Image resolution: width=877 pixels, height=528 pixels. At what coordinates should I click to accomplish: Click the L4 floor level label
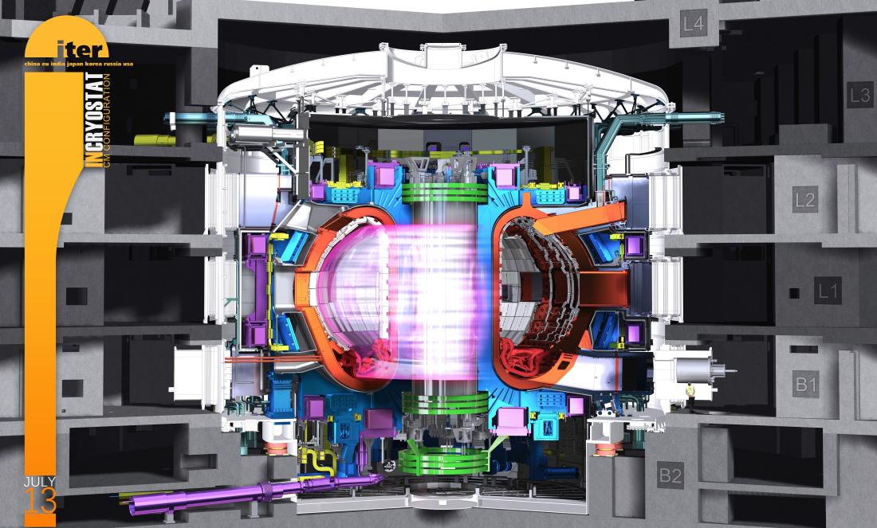pyautogui.click(x=694, y=24)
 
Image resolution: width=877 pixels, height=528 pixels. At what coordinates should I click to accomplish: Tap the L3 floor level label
pyautogui.click(x=859, y=96)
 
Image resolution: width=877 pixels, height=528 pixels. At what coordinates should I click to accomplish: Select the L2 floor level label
pyautogui.click(x=805, y=200)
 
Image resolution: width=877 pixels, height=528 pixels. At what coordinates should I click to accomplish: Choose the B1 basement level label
pyautogui.click(x=805, y=385)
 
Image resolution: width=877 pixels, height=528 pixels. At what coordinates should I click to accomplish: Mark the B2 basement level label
pyautogui.click(x=670, y=476)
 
